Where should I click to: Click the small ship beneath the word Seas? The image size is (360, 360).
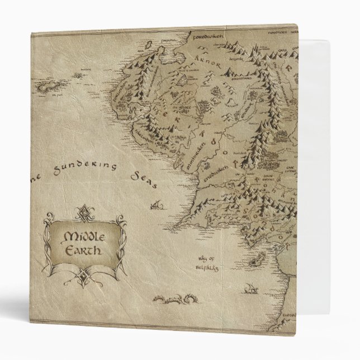pos(157,207)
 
